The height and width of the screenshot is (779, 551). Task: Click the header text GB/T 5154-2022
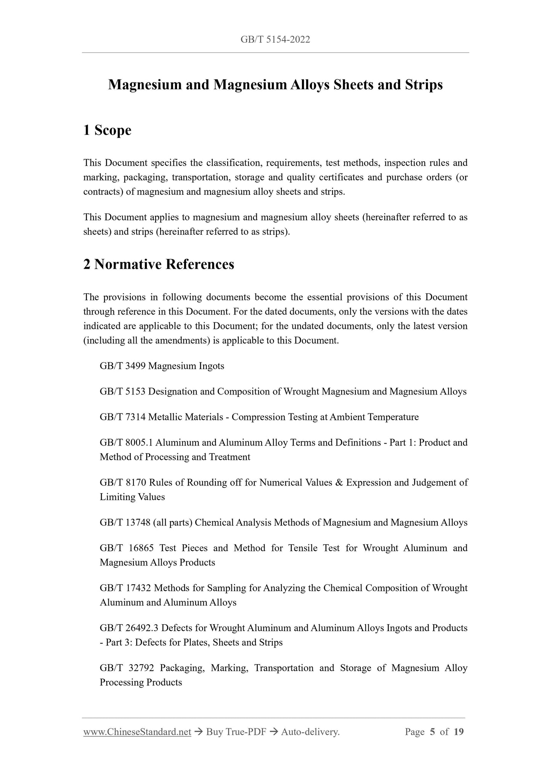click(275, 39)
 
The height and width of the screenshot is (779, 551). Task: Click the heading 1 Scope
click(107, 130)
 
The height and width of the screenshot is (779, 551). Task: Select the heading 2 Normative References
click(159, 264)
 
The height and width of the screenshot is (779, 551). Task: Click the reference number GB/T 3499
click(122, 366)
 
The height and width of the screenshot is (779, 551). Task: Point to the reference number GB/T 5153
click(122, 392)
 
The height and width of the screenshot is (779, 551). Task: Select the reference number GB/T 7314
click(122, 417)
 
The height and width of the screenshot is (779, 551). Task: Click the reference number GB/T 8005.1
click(126, 443)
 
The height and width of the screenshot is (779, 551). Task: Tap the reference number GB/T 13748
click(125, 523)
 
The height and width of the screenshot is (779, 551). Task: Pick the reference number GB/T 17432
click(125, 588)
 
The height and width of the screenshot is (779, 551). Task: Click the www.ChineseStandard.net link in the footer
click(137, 732)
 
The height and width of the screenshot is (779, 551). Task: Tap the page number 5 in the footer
click(432, 732)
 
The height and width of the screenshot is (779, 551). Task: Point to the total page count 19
click(459, 732)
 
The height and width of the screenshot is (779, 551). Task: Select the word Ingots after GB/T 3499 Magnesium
click(211, 366)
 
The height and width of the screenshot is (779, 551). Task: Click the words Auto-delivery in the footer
click(310, 732)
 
